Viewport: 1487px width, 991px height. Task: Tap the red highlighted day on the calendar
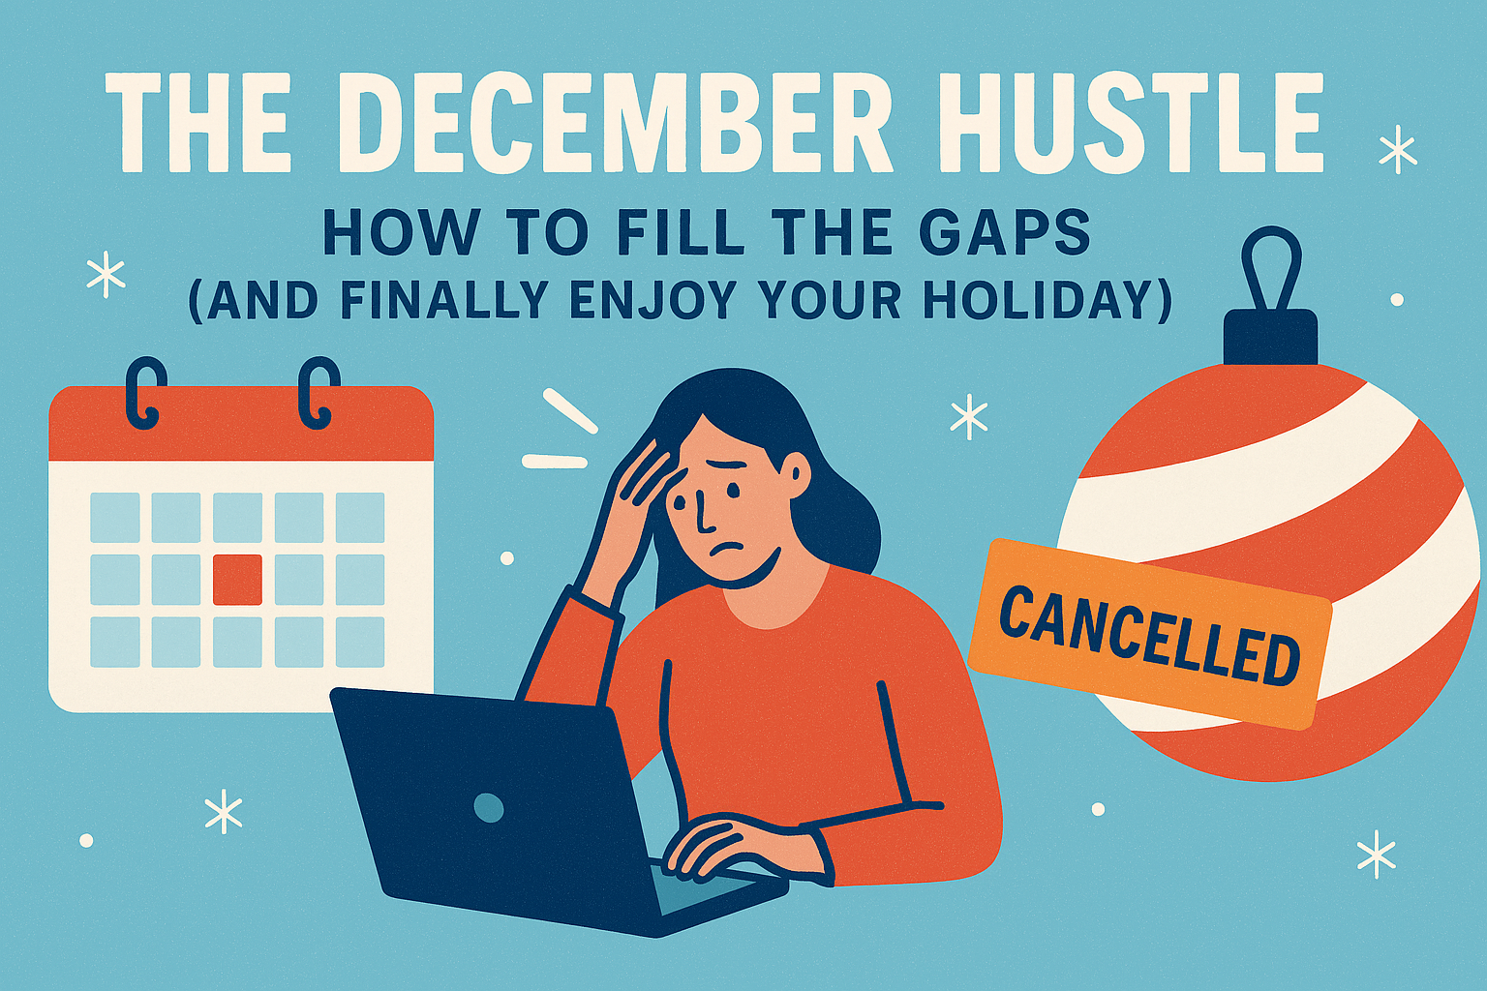pyautogui.click(x=237, y=580)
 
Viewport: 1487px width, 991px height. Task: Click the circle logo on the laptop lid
pyautogui.click(x=489, y=809)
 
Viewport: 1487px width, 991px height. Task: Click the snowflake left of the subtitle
pyautogui.click(x=106, y=277)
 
